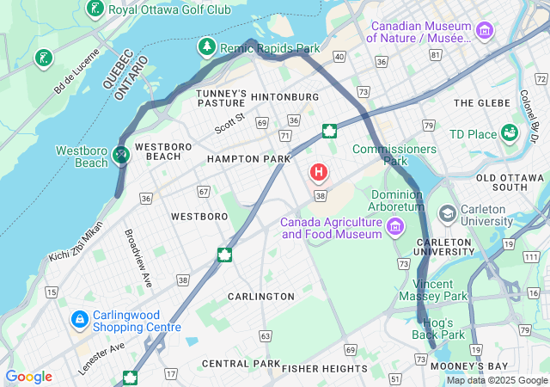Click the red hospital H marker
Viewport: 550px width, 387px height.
319,173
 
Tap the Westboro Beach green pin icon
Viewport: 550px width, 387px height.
121,155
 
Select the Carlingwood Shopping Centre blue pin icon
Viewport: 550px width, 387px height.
79,320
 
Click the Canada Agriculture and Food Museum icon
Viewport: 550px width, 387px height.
394,227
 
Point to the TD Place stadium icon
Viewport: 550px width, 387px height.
510,133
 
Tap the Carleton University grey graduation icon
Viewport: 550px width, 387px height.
447,212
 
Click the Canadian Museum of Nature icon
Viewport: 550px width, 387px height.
486,32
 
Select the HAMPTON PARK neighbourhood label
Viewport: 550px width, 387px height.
248,159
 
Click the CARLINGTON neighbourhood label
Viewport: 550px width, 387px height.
260,296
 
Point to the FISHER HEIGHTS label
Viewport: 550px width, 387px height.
324,368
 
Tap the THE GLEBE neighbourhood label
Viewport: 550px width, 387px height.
475,102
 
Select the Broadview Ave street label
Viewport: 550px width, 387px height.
137,258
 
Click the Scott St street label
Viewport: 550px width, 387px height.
230,123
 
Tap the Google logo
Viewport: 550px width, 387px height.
28,377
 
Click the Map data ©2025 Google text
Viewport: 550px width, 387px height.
497,380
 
